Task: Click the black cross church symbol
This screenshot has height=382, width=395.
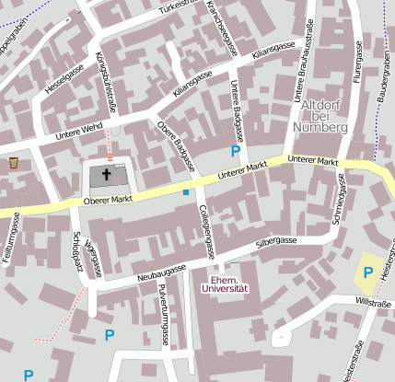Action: (x=106, y=174)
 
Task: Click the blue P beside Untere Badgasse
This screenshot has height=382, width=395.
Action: (x=236, y=150)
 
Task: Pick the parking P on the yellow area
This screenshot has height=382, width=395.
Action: (x=368, y=272)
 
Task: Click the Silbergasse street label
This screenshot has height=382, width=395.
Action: (x=275, y=241)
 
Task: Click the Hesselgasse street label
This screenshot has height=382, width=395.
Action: (x=64, y=82)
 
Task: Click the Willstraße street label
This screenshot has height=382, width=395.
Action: (x=373, y=302)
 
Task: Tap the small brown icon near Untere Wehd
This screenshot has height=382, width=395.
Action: (x=14, y=163)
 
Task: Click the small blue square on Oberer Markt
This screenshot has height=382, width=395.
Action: (x=185, y=192)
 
